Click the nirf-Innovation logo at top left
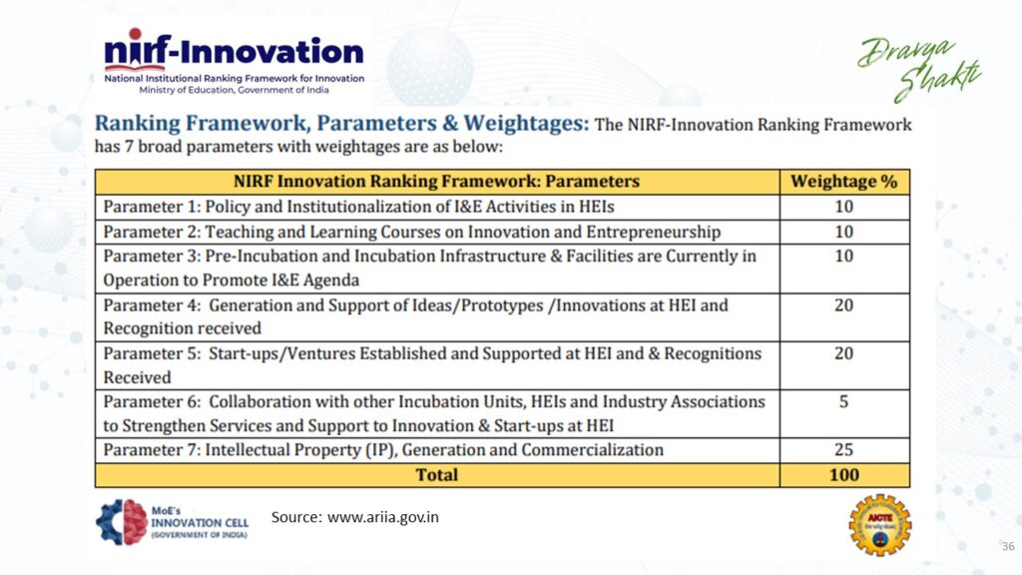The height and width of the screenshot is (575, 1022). pyautogui.click(x=235, y=52)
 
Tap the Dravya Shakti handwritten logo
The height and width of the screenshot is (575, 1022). pyautogui.click(x=920, y=69)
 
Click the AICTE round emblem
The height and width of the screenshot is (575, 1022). pyautogui.click(x=879, y=525)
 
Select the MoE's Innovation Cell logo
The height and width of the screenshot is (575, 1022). pyautogui.click(x=172, y=522)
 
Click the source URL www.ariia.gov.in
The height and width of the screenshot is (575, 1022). pyautogui.click(x=382, y=517)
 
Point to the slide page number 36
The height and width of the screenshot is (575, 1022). pyautogui.click(x=1006, y=546)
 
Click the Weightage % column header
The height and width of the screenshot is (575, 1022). pyautogui.click(x=843, y=182)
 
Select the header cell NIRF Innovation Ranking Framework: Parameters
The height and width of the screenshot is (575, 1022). pyautogui.click(x=436, y=182)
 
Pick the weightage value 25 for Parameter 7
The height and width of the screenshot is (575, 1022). pyautogui.click(x=843, y=450)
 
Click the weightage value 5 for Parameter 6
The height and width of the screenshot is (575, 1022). pyautogui.click(x=843, y=401)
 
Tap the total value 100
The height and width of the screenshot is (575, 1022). pyautogui.click(x=843, y=475)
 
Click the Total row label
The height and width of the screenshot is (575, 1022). pyautogui.click(x=436, y=475)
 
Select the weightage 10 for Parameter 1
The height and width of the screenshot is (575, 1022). pyautogui.click(x=843, y=207)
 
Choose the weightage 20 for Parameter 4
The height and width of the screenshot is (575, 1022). pyautogui.click(x=843, y=304)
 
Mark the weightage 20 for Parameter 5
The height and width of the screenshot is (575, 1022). pyautogui.click(x=843, y=353)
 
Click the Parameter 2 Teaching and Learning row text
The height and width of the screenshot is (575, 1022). pyautogui.click(x=411, y=232)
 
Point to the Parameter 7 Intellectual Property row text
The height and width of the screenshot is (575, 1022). pyautogui.click(x=383, y=450)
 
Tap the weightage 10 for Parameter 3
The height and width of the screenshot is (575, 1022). pyautogui.click(x=843, y=256)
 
